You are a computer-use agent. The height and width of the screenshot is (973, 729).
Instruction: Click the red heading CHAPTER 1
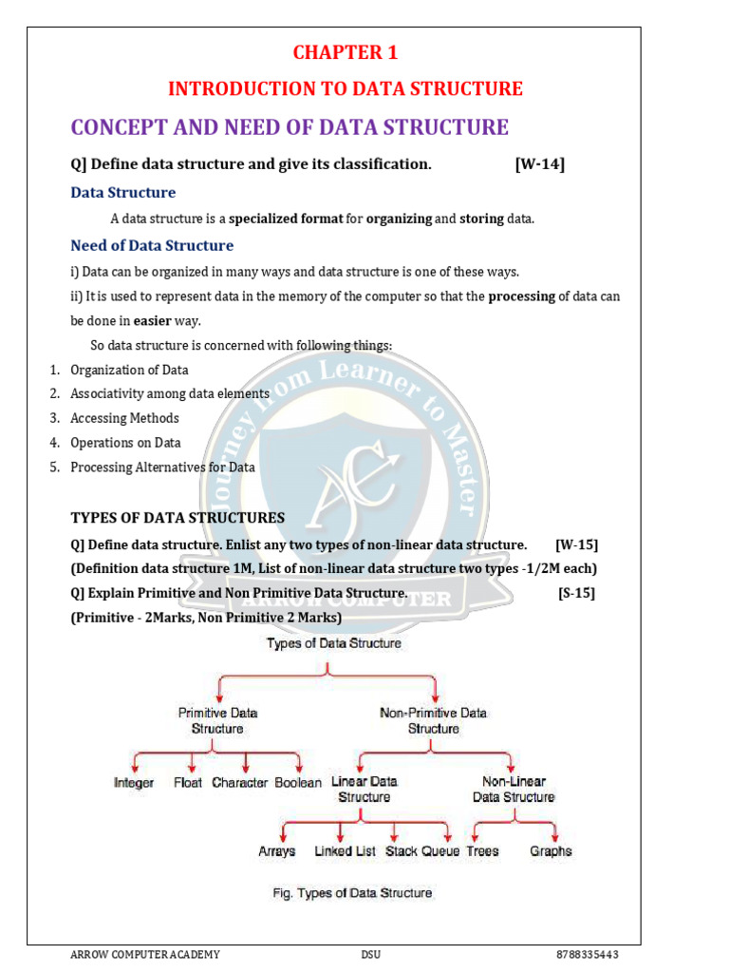(x=345, y=51)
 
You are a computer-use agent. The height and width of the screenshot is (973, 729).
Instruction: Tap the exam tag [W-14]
(x=539, y=164)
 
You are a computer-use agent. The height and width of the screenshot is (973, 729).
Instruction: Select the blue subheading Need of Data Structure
(x=152, y=245)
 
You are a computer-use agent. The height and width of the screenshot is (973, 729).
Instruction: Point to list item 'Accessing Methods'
(x=124, y=418)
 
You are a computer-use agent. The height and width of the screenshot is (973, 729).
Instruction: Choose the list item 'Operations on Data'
(x=125, y=443)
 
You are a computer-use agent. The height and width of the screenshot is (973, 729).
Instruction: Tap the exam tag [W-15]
(x=576, y=544)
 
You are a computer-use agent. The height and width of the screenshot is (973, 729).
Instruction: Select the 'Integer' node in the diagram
(x=134, y=784)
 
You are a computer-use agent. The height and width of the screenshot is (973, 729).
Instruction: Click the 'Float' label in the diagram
(x=188, y=784)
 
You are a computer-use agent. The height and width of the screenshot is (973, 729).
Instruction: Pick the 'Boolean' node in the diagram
(x=299, y=784)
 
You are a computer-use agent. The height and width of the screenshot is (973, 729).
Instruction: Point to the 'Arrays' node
(x=276, y=851)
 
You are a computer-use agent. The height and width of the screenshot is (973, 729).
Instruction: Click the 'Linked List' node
(x=346, y=851)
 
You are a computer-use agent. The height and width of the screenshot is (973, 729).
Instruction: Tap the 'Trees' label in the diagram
(x=482, y=851)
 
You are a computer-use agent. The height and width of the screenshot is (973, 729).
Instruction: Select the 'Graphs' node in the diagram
(x=551, y=851)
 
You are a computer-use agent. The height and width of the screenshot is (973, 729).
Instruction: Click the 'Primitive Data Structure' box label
(x=217, y=720)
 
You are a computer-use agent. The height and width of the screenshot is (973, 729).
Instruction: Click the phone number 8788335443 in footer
(x=589, y=954)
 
